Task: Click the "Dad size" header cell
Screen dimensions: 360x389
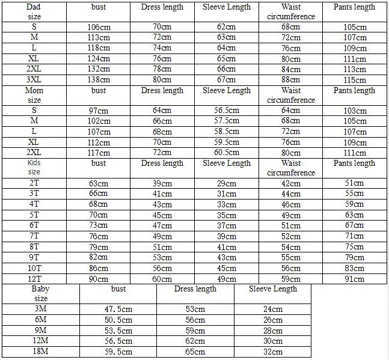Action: point(34,12)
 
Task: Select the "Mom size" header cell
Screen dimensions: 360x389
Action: point(34,95)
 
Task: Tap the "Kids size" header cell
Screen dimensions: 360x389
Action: point(34,168)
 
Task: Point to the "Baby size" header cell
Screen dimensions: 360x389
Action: point(41,293)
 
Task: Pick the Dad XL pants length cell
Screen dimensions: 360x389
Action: point(355,59)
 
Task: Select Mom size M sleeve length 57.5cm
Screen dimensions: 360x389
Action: point(227,121)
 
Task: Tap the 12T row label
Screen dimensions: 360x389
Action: point(34,279)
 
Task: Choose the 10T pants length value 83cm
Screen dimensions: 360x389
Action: point(355,268)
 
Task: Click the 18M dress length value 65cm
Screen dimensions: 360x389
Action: point(195,352)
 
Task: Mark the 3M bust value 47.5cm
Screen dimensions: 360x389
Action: point(118,310)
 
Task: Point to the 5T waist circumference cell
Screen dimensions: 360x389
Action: point(291,215)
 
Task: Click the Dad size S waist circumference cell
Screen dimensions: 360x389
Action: point(291,27)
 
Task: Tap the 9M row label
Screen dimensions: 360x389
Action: point(41,331)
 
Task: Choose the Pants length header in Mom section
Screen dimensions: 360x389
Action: point(355,91)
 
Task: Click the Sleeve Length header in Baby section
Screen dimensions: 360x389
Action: point(274,289)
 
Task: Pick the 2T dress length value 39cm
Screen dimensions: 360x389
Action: point(162,183)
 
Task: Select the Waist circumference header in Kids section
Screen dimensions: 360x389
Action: point(291,168)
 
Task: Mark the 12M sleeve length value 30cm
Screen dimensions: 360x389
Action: point(273,341)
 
